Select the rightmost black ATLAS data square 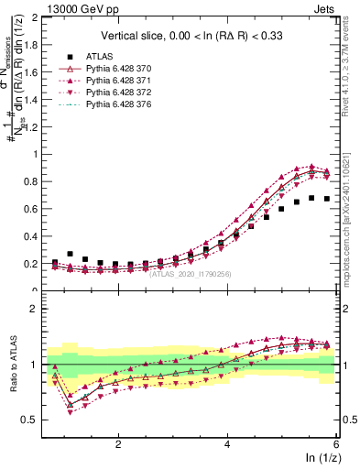327,199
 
